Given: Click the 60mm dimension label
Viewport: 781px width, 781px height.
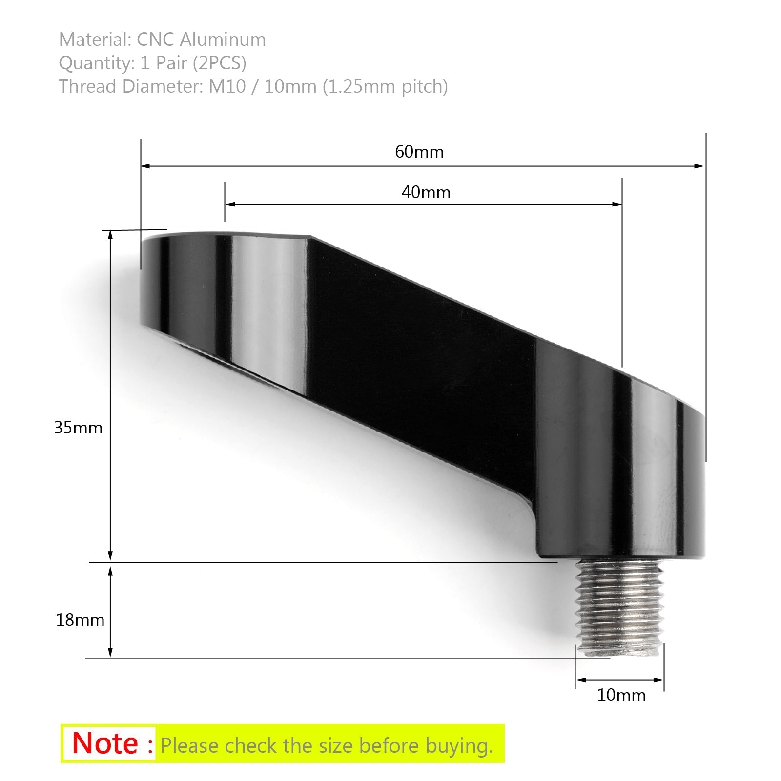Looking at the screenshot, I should click(x=419, y=152).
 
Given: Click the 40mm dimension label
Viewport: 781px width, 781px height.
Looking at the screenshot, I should click(x=426, y=192).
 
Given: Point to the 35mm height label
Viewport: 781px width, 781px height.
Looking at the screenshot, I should click(x=78, y=428).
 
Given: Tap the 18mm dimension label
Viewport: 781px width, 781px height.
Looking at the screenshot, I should click(x=80, y=620).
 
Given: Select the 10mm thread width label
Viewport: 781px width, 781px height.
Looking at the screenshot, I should click(x=621, y=695).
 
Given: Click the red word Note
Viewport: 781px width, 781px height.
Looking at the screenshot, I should click(x=105, y=743).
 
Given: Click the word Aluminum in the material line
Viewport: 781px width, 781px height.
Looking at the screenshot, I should click(x=223, y=40).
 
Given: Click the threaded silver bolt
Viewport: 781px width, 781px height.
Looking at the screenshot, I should click(x=619, y=608).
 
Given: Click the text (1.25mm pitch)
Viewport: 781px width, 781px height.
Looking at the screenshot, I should click(x=385, y=86).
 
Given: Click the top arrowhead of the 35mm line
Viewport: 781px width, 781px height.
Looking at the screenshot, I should click(x=110, y=234).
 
